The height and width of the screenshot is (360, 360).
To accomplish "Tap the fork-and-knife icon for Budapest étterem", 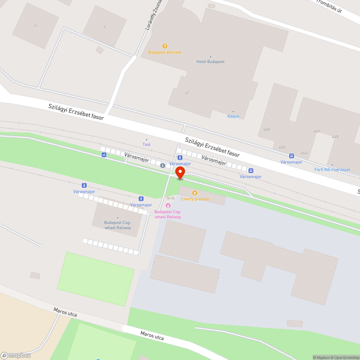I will pos(165,46).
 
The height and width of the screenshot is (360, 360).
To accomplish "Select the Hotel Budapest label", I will pos(210,62).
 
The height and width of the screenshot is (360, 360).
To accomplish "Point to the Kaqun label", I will pos(233,116).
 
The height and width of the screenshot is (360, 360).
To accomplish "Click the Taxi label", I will pos(146,144).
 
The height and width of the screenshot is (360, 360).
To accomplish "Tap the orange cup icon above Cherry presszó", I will pos(195,193).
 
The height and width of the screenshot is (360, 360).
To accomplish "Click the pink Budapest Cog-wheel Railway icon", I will pos(168,205).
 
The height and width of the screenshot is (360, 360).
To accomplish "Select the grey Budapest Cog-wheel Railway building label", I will pos(118,225).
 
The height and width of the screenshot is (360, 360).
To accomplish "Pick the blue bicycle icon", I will pos(104,155).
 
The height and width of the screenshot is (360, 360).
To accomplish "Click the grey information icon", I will pos(163,165).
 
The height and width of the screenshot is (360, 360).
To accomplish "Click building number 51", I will pos(36,26).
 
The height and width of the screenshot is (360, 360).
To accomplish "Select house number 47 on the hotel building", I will pos(187,93).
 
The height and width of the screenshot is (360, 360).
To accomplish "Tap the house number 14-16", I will pos(170,198).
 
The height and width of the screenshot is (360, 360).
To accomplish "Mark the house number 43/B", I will pos(335,137).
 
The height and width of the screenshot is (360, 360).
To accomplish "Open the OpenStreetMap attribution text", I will pos(346,357).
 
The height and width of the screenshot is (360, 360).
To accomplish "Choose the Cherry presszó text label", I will pos(195,199).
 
